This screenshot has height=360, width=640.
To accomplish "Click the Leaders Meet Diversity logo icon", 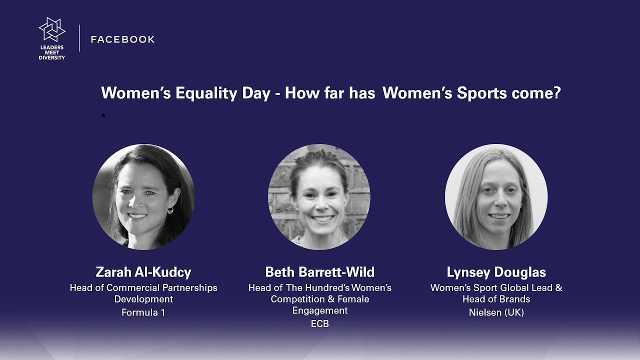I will (52, 30).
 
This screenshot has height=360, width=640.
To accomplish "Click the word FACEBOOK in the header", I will (122, 39).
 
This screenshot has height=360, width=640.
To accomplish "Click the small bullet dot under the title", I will (103, 115).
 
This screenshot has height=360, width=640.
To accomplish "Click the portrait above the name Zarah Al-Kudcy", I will (143, 197).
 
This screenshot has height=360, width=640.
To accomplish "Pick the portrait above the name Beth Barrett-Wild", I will (319, 197).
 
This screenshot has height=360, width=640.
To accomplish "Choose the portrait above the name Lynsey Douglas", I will (496, 197).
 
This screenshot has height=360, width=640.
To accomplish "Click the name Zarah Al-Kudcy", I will (143, 272).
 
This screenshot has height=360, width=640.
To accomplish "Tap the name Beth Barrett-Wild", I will (319, 272).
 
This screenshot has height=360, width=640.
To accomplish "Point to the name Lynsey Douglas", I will (496, 272).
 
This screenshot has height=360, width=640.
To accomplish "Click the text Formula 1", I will (143, 312).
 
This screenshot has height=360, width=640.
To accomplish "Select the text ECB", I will (319, 323).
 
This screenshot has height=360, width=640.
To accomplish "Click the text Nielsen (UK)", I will (496, 312).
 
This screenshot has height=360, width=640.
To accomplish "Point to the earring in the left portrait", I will (170, 210).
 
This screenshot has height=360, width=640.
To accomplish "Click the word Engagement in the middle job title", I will (319, 310).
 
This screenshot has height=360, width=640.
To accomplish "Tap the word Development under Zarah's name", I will (143, 299).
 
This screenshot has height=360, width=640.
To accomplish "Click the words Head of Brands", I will (496, 299).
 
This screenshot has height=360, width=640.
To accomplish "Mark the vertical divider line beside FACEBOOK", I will (79, 38).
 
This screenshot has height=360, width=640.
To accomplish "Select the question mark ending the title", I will (556, 93).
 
